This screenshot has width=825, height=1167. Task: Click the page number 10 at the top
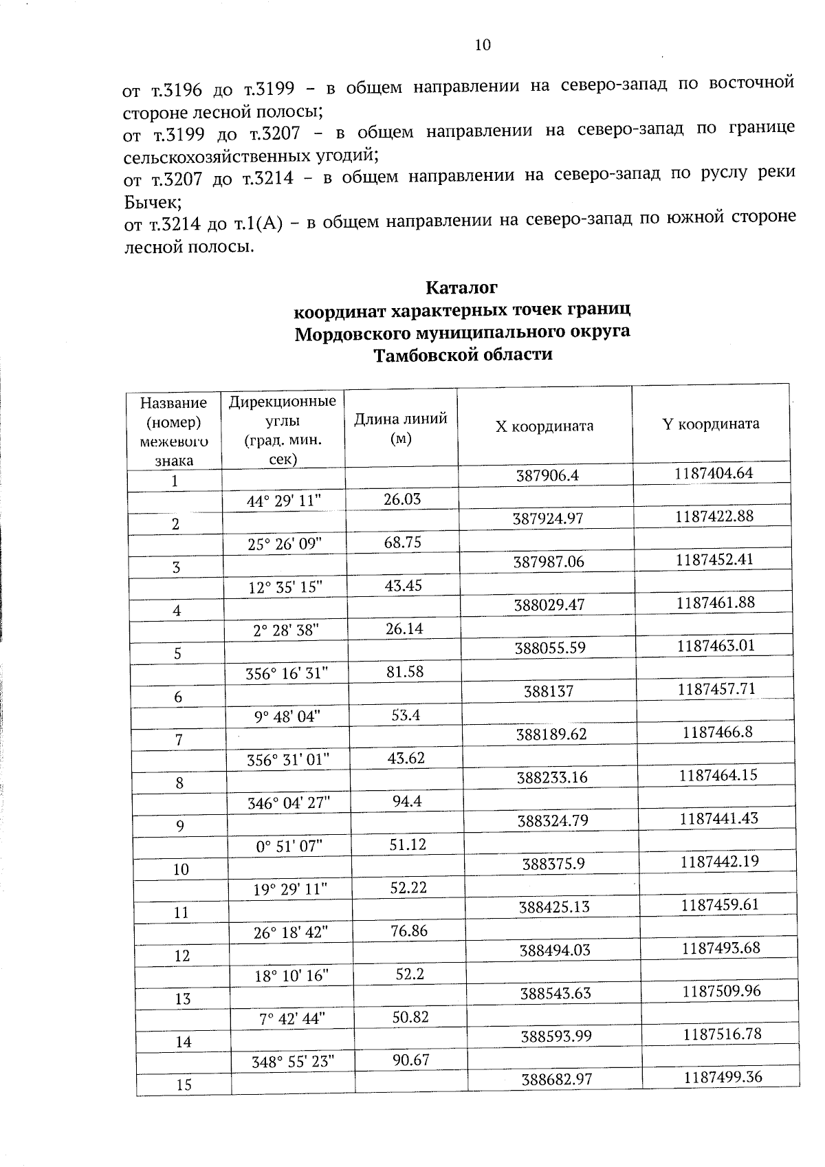click(x=483, y=45)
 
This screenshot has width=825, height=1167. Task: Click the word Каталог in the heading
click(x=461, y=286)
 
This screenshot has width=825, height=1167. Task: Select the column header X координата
click(x=544, y=426)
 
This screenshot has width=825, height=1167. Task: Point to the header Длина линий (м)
click(x=400, y=428)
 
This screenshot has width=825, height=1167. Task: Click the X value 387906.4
click(x=548, y=475)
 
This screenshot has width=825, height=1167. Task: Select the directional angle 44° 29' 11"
click(x=285, y=501)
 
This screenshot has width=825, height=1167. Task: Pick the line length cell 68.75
click(x=403, y=542)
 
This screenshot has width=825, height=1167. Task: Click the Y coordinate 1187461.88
click(x=716, y=603)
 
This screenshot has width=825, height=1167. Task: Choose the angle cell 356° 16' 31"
click(x=287, y=673)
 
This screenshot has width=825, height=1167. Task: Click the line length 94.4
click(x=406, y=801)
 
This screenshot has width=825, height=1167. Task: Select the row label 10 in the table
click(x=181, y=869)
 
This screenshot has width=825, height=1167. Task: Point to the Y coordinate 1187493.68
click(x=720, y=948)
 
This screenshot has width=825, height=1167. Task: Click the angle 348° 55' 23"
click(x=293, y=1061)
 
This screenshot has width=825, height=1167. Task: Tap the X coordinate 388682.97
click(x=557, y=1080)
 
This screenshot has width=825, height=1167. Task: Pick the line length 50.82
click(x=410, y=1016)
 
